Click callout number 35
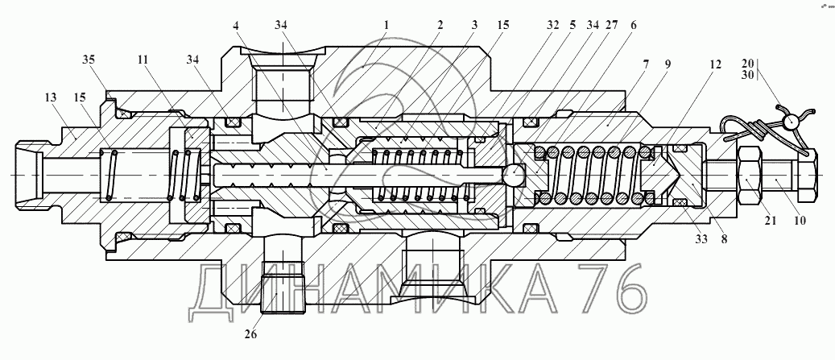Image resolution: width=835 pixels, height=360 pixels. click(89, 60)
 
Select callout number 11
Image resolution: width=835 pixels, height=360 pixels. click(142, 60)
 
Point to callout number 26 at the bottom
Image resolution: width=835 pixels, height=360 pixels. click(250, 334)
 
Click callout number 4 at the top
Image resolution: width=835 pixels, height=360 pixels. click(236, 25)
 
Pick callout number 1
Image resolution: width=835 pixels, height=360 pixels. click(386, 25)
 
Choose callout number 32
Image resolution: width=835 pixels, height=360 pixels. click(552, 25)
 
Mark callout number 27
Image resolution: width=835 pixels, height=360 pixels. click(611, 25)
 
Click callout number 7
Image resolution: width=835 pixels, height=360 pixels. click(646, 64)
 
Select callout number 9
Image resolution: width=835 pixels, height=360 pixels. click(668, 64)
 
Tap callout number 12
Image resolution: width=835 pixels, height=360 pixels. click(715, 64)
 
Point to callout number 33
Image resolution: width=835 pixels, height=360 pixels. click(701, 239)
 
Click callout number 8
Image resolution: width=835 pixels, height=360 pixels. click(724, 239)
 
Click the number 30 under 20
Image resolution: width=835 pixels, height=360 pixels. click(748, 75)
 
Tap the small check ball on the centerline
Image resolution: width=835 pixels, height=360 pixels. click(514, 175)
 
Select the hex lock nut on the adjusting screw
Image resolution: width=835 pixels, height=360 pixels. click(750, 174)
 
